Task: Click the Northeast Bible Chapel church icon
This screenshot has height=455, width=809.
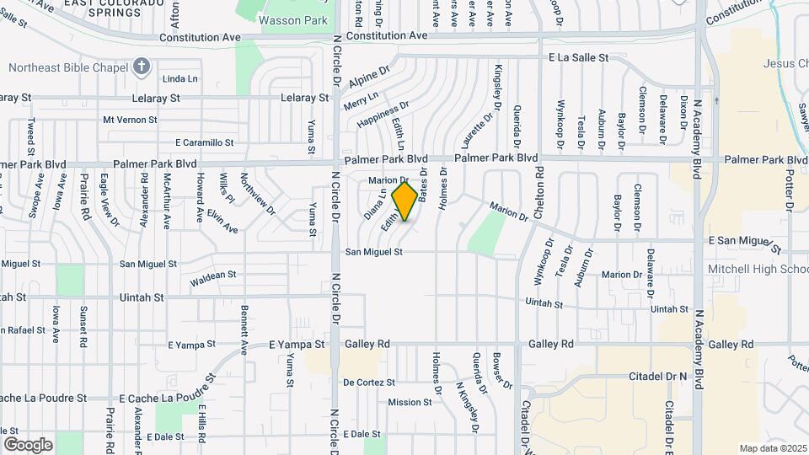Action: click(141, 67)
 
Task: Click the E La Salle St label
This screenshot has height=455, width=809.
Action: click(578, 57)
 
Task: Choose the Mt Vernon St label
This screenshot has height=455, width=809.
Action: click(130, 120)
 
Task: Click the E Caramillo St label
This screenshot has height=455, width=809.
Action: click(205, 142)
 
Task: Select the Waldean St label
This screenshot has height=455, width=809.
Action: click(213, 276)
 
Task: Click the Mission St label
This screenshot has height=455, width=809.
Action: click(410, 402)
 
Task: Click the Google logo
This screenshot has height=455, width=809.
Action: click(28, 444)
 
